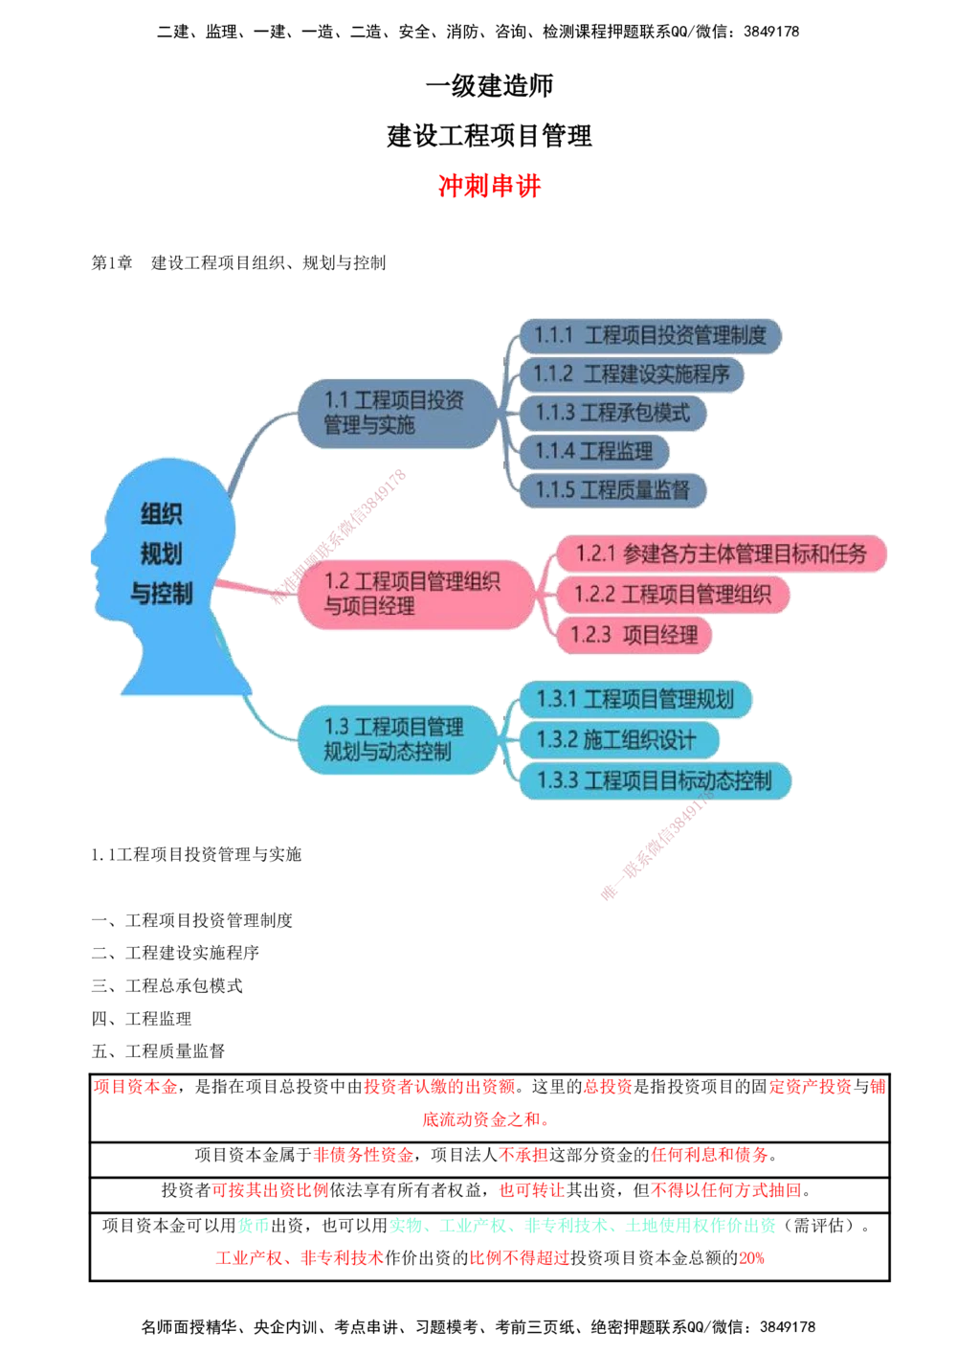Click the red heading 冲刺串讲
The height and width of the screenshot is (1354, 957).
click(x=489, y=186)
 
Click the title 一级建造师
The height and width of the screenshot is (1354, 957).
click(x=489, y=85)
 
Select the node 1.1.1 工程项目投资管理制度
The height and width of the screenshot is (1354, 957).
click(x=651, y=335)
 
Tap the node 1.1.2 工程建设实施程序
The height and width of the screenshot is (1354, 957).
click(x=632, y=374)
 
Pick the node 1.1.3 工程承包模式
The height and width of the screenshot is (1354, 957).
click(x=612, y=413)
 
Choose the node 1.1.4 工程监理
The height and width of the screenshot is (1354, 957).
click(x=594, y=452)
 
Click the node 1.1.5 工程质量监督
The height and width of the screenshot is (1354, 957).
click(x=612, y=490)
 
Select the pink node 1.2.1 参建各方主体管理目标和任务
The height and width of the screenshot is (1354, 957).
click(x=721, y=553)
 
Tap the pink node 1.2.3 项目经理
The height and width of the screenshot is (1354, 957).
click(x=634, y=635)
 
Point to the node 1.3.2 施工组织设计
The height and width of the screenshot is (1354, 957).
click(x=619, y=739)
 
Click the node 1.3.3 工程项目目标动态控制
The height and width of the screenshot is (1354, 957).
click(x=656, y=780)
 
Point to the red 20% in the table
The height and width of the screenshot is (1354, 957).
click(x=751, y=1258)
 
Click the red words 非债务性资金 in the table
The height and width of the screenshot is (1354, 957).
click(x=363, y=1155)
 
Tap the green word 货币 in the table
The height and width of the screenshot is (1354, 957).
click(x=254, y=1225)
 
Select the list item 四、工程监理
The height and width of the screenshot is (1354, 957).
click(x=142, y=1019)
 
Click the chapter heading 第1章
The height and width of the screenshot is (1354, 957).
click(x=112, y=263)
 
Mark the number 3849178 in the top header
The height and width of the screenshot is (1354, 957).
click(x=771, y=32)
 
